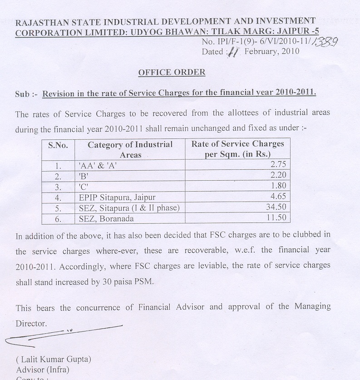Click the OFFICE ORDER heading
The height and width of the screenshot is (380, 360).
tap(172, 72)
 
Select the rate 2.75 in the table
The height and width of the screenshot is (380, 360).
tap(278, 165)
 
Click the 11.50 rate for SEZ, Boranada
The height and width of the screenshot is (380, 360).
tap(276, 218)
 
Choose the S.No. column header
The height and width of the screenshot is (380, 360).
tap(58, 145)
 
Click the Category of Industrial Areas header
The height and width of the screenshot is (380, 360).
tap(130, 149)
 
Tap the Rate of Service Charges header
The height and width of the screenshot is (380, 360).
tap(237, 149)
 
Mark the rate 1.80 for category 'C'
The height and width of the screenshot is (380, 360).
tap(278, 187)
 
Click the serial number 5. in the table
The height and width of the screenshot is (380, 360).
tap(58, 208)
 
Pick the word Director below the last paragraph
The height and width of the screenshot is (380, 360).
tap(31, 324)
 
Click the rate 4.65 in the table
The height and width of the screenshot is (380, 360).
tap(278, 197)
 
